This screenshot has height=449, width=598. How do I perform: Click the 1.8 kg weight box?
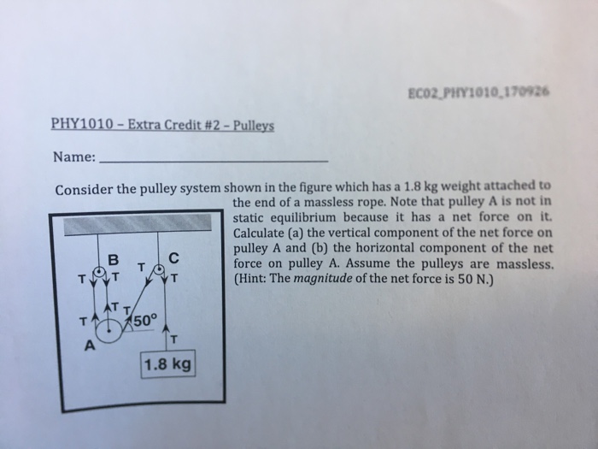(x=169, y=365)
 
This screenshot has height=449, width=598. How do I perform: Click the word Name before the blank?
(x=73, y=158)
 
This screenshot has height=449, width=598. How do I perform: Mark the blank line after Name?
(x=214, y=161)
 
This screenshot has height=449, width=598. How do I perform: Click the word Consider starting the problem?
(x=84, y=188)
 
